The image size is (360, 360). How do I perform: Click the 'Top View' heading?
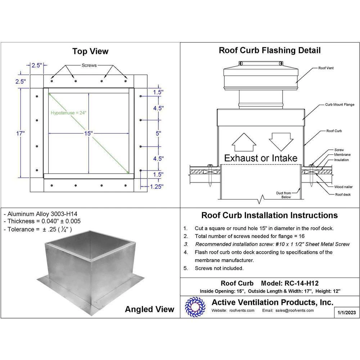click(90, 51)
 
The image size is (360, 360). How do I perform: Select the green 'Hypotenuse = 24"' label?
click(68, 113)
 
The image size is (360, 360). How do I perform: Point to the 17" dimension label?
click(21, 134)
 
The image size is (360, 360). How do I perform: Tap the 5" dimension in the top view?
click(158, 133)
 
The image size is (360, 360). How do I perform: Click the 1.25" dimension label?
click(156, 186)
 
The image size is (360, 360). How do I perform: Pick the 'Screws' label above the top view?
click(89, 66)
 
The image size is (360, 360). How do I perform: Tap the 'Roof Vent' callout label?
click(326, 68)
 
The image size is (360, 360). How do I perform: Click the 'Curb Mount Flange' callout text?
click(339, 104)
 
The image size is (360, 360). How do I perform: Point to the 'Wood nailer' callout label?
click(343, 187)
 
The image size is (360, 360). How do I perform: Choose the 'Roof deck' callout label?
click(343, 194)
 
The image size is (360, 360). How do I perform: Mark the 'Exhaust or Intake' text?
click(261, 158)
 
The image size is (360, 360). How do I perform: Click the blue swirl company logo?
click(195, 307)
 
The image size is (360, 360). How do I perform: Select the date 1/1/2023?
click(346, 312)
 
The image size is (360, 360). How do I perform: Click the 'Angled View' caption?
click(149, 309)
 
